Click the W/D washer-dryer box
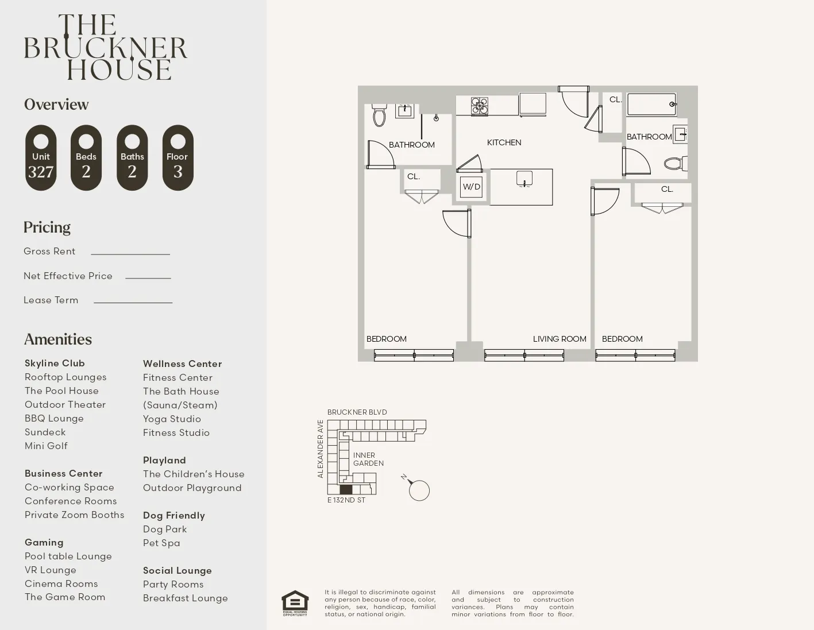click(471, 187)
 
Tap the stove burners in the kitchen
click(479, 106)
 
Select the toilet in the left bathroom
click(379, 115)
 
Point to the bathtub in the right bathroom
click(651, 105)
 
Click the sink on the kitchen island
click(524, 179)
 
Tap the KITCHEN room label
click(504, 142)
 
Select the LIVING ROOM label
click(559, 339)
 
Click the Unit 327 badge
click(41, 158)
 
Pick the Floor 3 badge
click(178, 158)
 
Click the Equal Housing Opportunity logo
click(295, 603)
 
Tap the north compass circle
click(419, 491)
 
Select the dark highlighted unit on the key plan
click(345, 489)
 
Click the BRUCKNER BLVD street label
click(357, 412)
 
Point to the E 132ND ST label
click(346, 500)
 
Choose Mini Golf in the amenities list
click(46, 446)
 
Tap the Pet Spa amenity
click(161, 543)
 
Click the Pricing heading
click(47, 227)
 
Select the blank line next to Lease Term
click(133, 302)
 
